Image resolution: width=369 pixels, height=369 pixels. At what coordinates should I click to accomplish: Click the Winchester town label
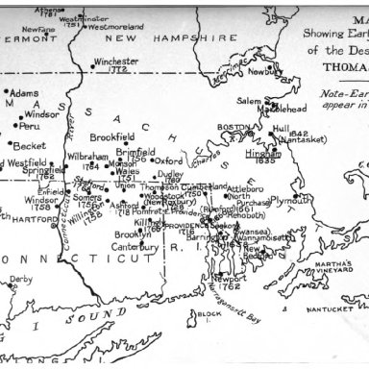[x=116, y=61]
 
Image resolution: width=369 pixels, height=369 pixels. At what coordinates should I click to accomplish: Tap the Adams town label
[x=25, y=94]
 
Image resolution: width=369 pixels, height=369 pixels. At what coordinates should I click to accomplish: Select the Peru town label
[x=30, y=126]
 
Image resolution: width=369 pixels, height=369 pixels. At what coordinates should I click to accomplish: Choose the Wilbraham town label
[x=88, y=156]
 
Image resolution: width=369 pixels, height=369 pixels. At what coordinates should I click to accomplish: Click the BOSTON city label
[x=234, y=128]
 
